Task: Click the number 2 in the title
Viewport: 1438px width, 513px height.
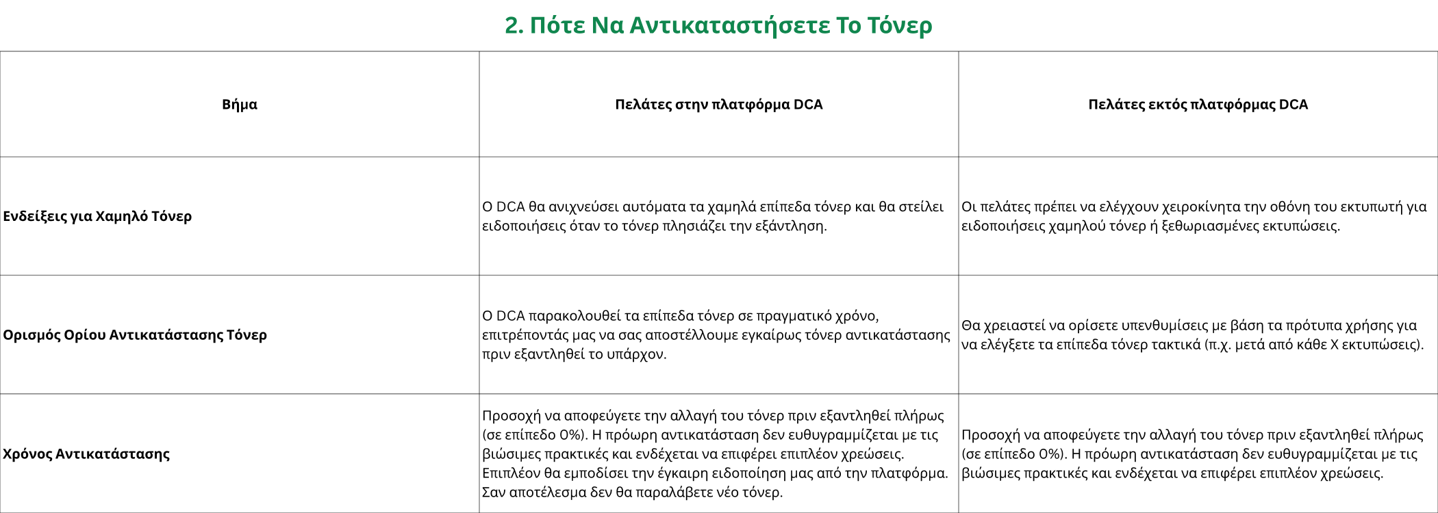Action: pyautogui.click(x=512, y=25)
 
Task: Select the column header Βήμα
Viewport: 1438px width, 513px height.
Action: pyautogui.click(x=240, y=105)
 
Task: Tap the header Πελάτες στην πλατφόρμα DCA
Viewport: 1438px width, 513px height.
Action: pyautogui.click(x=718, y=105)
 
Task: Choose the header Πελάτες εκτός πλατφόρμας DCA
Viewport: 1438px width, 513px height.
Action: pyautogui.click(x=1198, y=105)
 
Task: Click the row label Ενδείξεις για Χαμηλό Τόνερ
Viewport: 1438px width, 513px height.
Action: pyautogui.click(x=97, y=216)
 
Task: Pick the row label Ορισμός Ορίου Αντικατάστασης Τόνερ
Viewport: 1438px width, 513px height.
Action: pyautogui.click(x=135, y=335)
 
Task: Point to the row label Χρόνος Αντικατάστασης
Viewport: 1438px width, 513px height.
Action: pyautogui.click(x=86, y=454)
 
